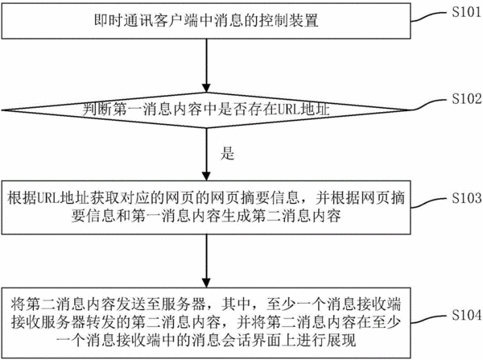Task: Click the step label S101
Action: click(466, 12)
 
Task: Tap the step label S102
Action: click(466, 98)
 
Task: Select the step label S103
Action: click(466, 198)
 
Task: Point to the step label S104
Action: click(466, 315)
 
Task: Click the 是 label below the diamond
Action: click(227, 153)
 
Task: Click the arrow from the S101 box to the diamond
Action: click(207, 66)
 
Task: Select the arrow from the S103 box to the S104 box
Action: click(207, 261)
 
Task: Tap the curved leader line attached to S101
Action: click(429, 17)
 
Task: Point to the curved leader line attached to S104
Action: click(429, 319)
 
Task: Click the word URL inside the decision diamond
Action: click(289, 110)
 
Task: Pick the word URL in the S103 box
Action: click(48, 198)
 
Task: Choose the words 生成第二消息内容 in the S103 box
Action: click(281, 216)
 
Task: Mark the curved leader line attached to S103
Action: click(429, 203)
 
